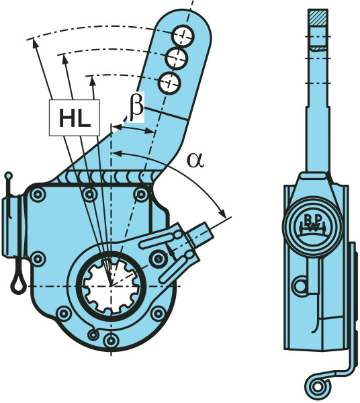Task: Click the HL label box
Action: [x=75, y=118]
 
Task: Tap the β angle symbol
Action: [x=136, y=107]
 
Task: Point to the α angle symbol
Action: [x=196, y=160]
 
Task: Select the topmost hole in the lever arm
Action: [x=183, y=36]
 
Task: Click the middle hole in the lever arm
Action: [x=176, y=59]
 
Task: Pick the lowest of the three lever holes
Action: [x=169, y=83]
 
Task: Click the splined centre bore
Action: [x=111, y=286]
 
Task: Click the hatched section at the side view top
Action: [x=318, y=17]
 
